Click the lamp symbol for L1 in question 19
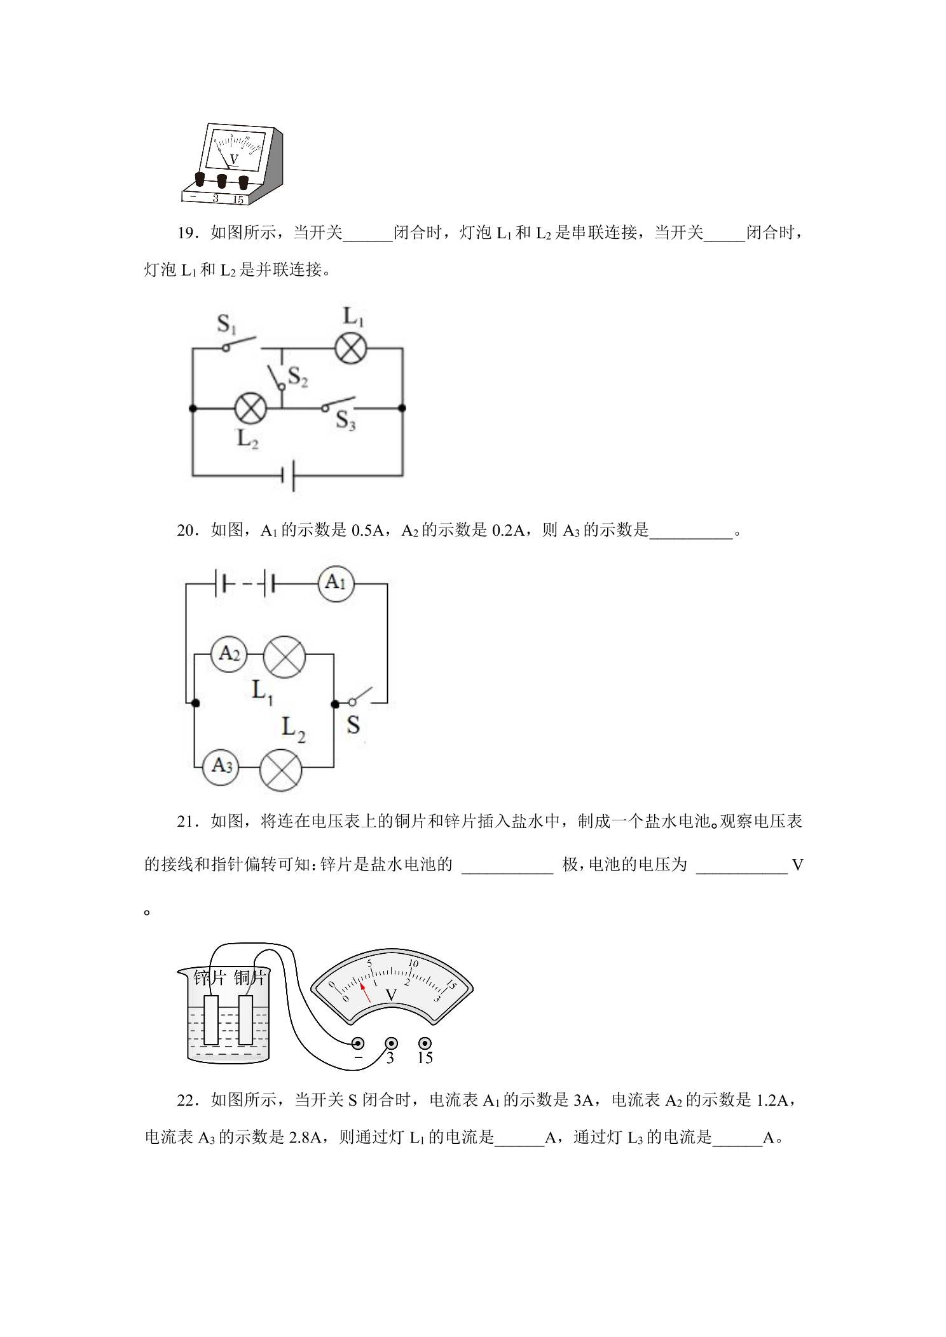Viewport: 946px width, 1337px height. click(x=351, y=348)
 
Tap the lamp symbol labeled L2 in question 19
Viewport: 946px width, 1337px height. click(x=250, y=409)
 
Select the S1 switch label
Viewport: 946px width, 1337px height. click(x=227, y=324)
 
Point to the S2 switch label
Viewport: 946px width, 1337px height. click(x=298, y=377)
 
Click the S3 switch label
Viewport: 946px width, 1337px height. click(x=345, y=421)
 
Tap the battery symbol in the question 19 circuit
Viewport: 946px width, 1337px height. click(x=289, y=475)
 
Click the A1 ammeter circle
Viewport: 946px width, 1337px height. click(x=336, y=582)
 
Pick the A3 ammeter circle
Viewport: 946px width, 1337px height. click(x=221, y=766)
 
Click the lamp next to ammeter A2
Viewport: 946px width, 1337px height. click(x=285, y=656)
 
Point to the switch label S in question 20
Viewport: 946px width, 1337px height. click(x=353, y=725)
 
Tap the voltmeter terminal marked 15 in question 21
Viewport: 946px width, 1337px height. click(x=425, y=1043)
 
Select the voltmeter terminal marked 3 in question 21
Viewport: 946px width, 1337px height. click(x=392, y=1043)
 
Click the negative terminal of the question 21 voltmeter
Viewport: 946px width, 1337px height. click(x=358, y=1043)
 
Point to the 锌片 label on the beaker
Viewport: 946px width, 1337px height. click(x=210, y=977)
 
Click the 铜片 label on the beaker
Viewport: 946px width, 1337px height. click(x=249, y=977)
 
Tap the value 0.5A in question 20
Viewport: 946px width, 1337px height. click(x=367, y=530)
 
